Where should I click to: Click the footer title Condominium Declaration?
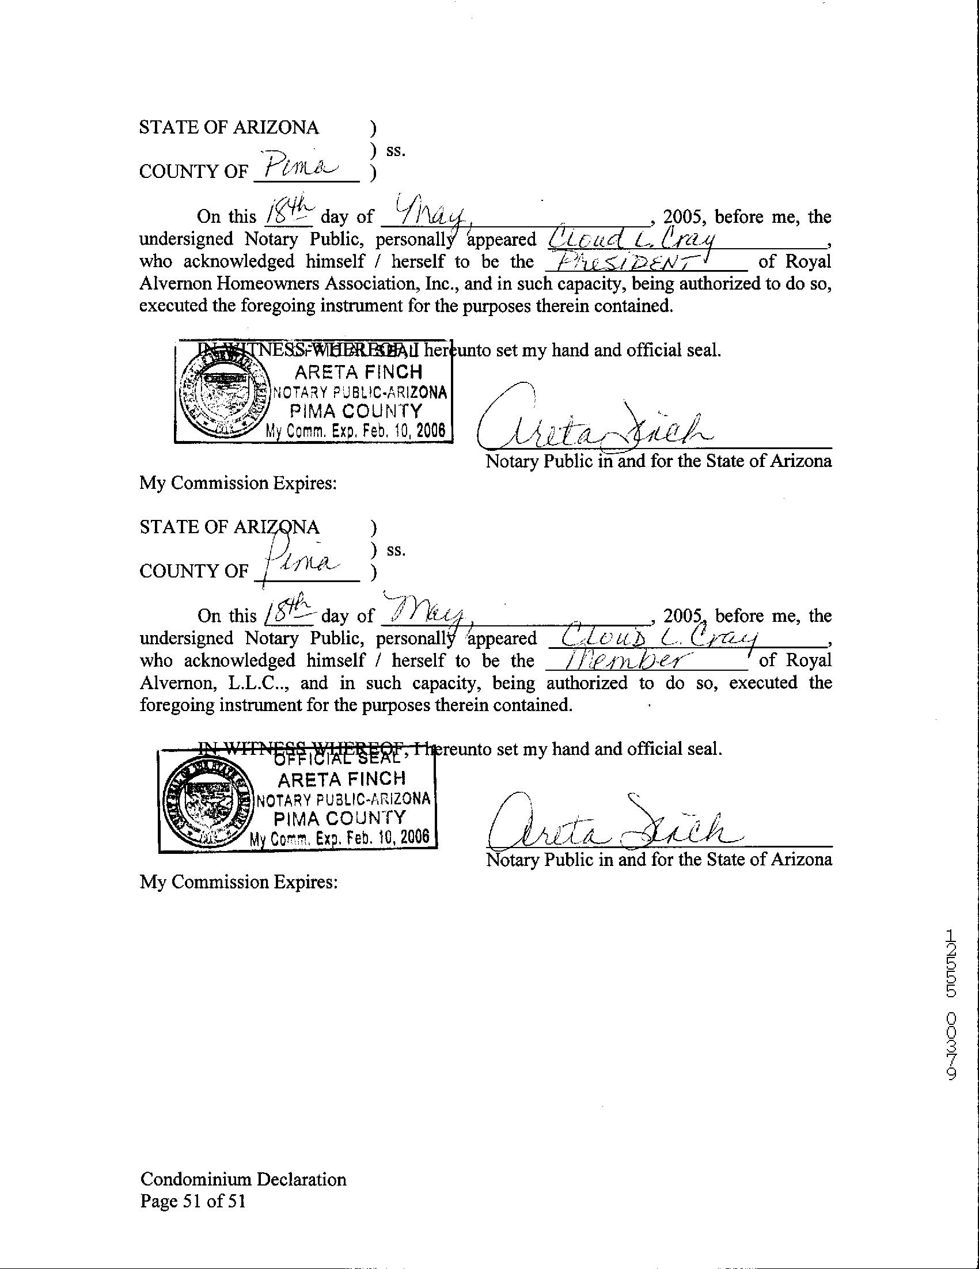pos(243,1179)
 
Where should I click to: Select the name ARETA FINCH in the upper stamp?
pos(358,372)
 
